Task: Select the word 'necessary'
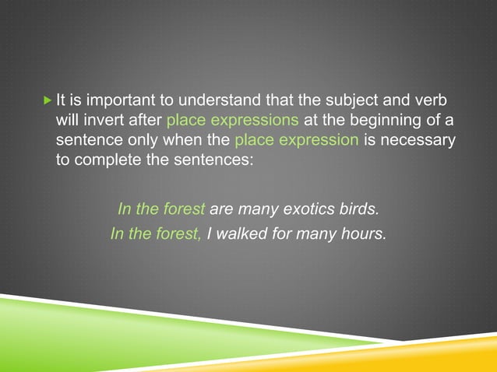click(416, 141)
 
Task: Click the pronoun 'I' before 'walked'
click(210, 232)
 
